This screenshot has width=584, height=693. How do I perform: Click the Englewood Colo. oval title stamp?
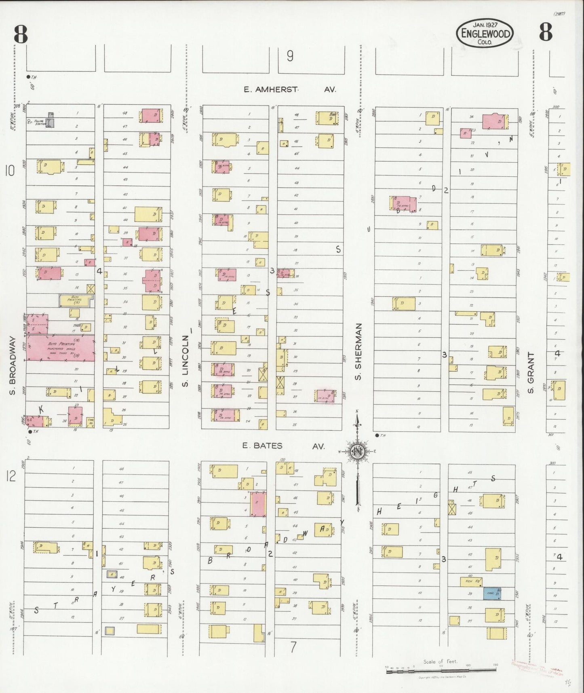pos(485,34)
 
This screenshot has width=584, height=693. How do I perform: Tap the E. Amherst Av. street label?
pos(289,89)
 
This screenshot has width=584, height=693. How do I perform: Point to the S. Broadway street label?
pos(13,366)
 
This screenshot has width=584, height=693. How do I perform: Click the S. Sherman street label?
pos(358,352)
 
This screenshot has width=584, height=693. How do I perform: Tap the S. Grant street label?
pos(531,372)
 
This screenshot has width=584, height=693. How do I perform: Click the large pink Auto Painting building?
pos(61,347)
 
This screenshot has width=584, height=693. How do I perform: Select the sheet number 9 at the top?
pos(290,56)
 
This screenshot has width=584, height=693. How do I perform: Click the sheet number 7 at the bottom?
pos(293,647)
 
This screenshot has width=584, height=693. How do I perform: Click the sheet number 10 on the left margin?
pos(10,171)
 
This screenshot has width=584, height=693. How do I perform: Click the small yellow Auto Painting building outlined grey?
pos(76,300)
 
